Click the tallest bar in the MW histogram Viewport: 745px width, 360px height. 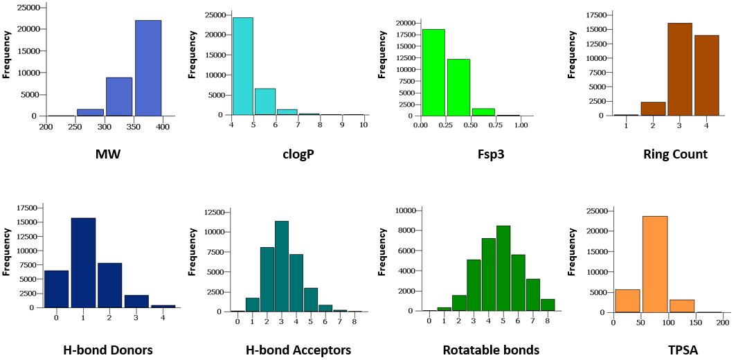(148, 68)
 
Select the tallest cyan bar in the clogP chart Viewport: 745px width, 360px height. (242, 66)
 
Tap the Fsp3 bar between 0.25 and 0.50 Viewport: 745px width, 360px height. (458, 87)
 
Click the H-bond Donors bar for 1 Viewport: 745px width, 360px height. (83, 262)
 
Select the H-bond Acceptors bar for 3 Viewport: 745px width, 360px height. (281, 266)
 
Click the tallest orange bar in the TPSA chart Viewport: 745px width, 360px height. (655, 264)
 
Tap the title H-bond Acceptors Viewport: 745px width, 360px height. (298, 350)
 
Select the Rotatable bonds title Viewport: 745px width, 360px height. (491, 350)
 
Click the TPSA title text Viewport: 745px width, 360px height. (683, 350)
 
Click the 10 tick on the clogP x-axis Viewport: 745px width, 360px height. (363, 125)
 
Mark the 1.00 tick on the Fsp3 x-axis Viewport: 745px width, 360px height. (521, 125)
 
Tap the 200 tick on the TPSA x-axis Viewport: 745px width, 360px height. (724, 323)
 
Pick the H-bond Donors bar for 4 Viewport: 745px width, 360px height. (163, 306)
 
